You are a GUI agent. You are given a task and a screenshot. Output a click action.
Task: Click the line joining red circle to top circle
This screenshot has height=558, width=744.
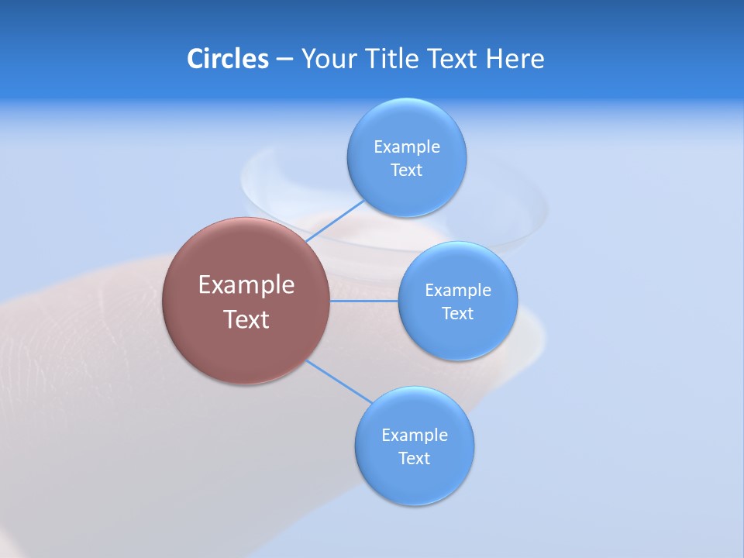335,220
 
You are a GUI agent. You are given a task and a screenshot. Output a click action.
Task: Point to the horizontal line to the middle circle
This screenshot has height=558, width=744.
364,301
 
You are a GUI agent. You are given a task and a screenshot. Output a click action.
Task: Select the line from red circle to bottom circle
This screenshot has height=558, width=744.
339,381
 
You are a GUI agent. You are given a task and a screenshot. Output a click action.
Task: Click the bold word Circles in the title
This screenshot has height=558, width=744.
228,59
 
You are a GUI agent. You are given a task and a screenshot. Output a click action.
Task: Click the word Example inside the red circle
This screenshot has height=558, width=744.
246,285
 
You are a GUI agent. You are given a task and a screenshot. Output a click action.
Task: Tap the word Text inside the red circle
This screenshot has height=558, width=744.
246,319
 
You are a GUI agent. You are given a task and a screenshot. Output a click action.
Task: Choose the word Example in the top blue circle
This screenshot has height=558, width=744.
407,147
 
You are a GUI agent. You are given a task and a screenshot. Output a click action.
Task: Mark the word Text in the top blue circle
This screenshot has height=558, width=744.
407,170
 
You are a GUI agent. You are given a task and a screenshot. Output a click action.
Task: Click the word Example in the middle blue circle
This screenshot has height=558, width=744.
458,291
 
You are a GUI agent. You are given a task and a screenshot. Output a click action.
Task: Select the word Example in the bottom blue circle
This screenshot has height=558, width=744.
415,436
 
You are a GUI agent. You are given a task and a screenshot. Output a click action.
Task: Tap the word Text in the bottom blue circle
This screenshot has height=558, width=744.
415,459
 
